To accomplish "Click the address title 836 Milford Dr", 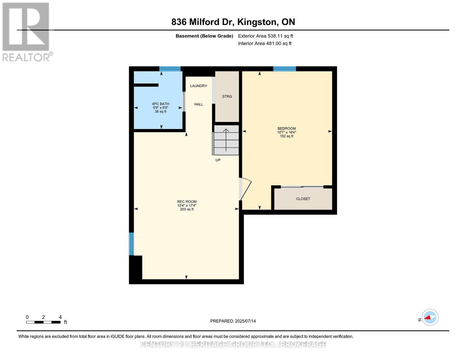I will [x=233, y=22].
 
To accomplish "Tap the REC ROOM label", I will [x=187, y=202].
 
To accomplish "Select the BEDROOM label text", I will [x=287, y=128].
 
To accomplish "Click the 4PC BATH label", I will [x=161, y=104].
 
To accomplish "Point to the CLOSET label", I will [x=303, y=199].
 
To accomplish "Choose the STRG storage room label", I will [x=227, y=97].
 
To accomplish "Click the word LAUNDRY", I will [x=199, y=86].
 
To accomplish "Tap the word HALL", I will [x=199, y=104].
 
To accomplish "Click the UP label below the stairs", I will [x=218, y=160].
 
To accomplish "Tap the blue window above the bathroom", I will [x=170, y=69].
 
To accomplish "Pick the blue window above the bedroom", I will [x=284, y=69].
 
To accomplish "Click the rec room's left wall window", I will [x=131, y=244].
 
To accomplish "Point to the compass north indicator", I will [x=430, y=317].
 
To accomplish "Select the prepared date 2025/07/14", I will [x=233, y=321].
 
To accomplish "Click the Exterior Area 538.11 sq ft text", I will [x=265, y=36].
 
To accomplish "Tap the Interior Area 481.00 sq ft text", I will [x=265, y=43].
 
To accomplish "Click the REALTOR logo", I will [x=26, y=31].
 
